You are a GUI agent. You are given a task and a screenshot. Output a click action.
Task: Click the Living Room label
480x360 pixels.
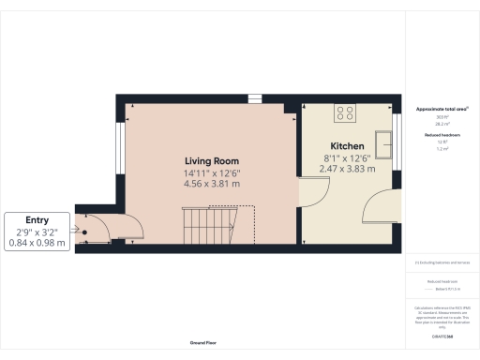(212, 161)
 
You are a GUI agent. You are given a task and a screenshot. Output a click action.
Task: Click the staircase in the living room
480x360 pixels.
(217, 225)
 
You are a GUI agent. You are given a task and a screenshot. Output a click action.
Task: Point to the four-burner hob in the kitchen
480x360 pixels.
(344, 113)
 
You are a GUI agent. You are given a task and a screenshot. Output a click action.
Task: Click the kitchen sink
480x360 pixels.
(383, 141)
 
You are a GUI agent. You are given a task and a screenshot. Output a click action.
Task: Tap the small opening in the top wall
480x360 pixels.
(255, 98)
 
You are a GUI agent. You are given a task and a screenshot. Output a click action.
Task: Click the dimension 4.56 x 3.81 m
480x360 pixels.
(212, 184)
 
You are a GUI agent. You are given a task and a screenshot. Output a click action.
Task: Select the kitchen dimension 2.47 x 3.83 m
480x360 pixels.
(348, 170)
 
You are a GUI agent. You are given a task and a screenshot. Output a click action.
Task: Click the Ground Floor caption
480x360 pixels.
(202, 343)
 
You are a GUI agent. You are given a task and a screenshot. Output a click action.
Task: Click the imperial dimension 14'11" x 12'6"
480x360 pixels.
(212, 172)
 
